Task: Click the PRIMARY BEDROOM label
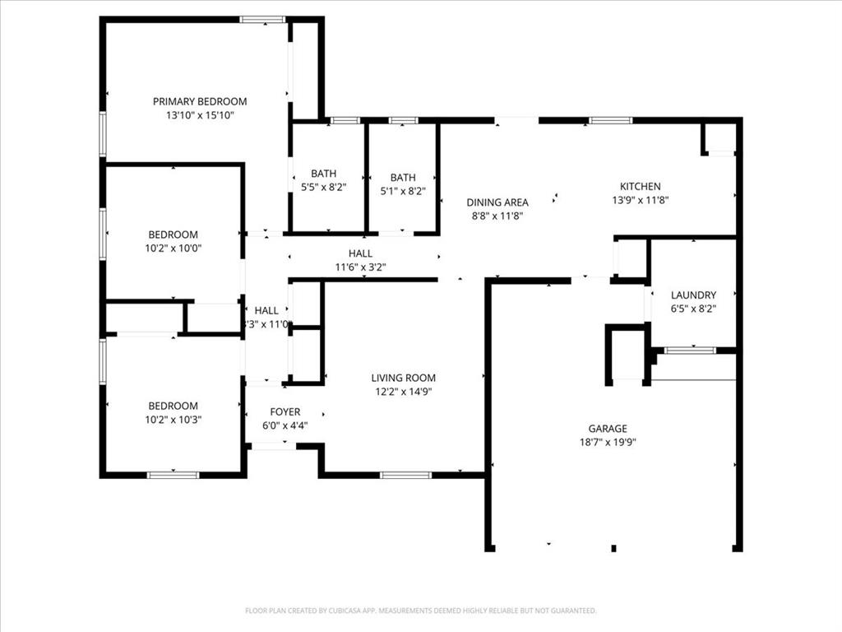(200, 101)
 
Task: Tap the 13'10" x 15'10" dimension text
(200, 116)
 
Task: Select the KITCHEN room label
(640, 187)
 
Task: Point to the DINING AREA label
(497, 202)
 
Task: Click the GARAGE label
(607, 428)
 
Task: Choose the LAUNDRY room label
(693, 295)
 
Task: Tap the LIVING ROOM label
(402, 378)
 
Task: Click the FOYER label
(285, 411)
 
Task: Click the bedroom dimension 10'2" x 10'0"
(173, 248)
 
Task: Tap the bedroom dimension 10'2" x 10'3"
(173, 419)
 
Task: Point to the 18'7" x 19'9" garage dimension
(607, 442)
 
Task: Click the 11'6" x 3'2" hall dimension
(359, 267)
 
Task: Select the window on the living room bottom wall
(405, 475)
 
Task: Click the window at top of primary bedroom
(262, 19)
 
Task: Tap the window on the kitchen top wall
(610, 120)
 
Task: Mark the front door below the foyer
(274, 446)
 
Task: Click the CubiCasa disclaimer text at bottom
(420, 611)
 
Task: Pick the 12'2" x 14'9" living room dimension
(402, 392)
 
